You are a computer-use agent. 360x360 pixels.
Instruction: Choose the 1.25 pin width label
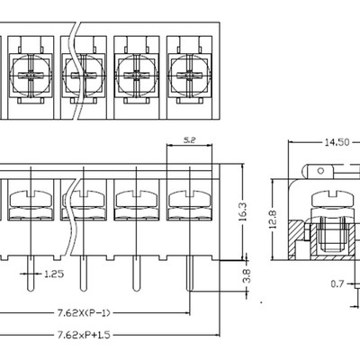pyautogui.click(x=54, y=274)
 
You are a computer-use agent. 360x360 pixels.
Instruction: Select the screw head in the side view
pyautogui.click(x=325, y=198)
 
